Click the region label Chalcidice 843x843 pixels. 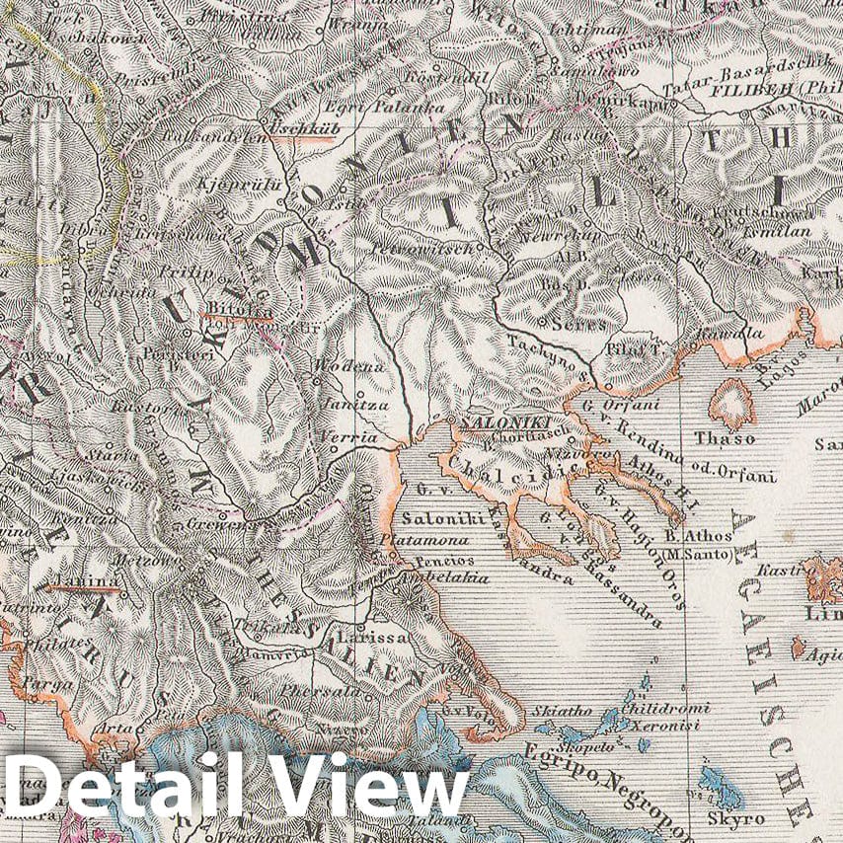pyautogui.click(x=523, y=463)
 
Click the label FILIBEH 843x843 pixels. pyautogui.click(x=741, y=89)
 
